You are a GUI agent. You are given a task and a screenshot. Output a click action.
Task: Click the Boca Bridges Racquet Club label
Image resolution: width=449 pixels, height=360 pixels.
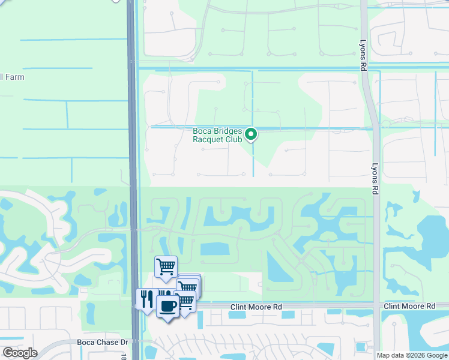coord(217,135)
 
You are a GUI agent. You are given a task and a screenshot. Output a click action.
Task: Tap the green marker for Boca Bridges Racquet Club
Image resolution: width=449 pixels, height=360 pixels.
coord(252,134)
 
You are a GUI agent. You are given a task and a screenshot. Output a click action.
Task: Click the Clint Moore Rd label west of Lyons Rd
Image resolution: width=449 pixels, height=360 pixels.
coord(256,307)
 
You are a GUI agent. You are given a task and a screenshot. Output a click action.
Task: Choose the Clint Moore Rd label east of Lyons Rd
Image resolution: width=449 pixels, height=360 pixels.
coord(409,307)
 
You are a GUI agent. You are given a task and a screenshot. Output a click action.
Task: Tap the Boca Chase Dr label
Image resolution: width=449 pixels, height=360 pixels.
coord(103,342)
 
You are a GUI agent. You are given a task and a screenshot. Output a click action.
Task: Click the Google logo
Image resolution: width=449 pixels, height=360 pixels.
coord(20,353)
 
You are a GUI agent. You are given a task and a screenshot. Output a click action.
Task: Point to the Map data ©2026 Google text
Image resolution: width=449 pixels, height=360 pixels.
coord(412,355)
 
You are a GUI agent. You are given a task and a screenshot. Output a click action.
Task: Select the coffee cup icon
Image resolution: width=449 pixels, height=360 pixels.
coord(167,307)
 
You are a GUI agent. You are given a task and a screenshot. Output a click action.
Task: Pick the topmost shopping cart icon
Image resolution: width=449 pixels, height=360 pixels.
coord(166,266)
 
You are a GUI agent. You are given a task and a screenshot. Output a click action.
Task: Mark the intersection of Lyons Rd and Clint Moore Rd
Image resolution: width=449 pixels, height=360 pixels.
coord(376,307)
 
